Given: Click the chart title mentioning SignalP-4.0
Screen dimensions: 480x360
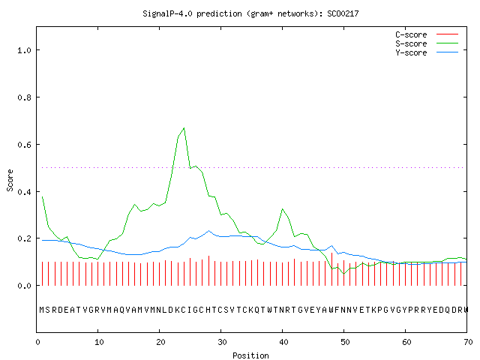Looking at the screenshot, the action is click(250, 13).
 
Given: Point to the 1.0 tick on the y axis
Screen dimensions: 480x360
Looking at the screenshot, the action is click(25, 50).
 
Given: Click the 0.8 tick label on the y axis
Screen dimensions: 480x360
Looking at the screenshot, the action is click(25, 97).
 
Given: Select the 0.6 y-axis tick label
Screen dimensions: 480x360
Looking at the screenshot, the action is click(25, 145).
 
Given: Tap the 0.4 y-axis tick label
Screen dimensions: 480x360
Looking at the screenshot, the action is click(25, 192).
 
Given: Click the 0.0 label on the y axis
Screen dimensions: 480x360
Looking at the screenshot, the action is click(25, 286).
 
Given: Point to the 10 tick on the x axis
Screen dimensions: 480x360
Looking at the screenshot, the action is click(99, 342).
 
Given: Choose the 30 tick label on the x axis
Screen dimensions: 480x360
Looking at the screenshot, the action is click(222, 342).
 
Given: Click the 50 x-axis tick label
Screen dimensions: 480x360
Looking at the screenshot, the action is click(345, 342).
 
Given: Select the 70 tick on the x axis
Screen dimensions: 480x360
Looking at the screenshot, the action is click(468, 342).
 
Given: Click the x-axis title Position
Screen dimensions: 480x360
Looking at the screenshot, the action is click(250, 355).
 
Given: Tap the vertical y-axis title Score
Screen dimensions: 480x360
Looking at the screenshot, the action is click(10, 180).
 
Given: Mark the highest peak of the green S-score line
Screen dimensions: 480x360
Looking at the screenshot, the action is click(184, 128).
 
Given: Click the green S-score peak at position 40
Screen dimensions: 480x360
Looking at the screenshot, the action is click(282, 209).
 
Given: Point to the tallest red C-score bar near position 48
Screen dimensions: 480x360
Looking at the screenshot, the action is click(331, 269).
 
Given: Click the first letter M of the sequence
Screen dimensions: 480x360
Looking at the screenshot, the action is click(42, 310).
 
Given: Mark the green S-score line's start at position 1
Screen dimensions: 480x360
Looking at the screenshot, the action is click(42, 196).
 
